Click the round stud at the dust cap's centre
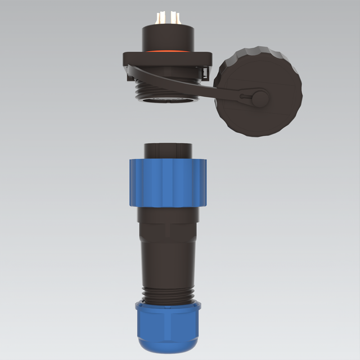(259, 98)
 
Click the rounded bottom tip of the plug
(169, 354)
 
